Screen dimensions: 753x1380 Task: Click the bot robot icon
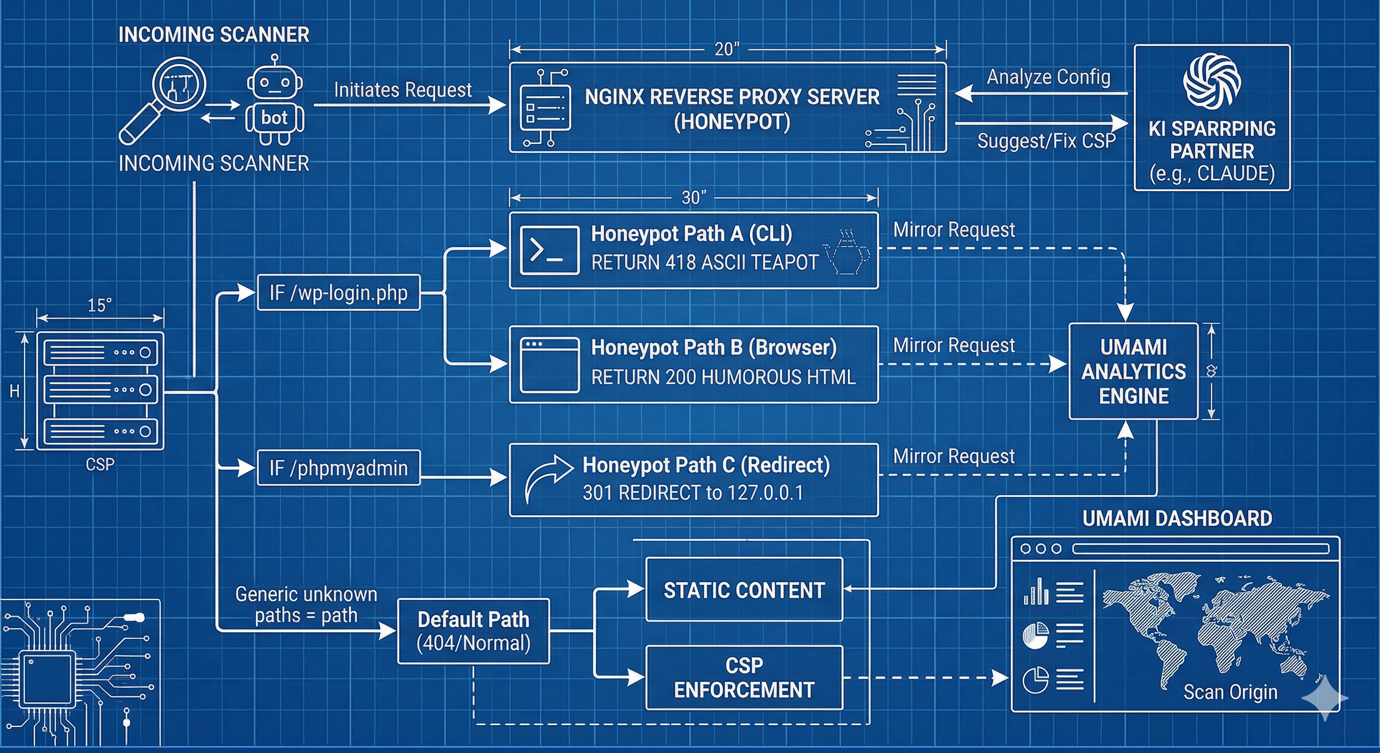[274, 102]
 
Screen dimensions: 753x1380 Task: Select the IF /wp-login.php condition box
[339, 293]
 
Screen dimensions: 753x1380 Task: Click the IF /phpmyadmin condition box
[339, 468]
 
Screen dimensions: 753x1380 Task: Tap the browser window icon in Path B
[549, 364]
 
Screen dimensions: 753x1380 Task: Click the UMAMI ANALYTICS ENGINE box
[1133, 371]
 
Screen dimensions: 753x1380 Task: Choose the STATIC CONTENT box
[744, 590]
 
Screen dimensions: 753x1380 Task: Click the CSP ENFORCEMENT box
[744, 678]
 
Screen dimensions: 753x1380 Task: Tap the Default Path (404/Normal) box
[473, 631]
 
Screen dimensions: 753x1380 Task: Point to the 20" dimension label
[726, 50]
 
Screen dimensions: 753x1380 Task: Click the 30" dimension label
[694, 198]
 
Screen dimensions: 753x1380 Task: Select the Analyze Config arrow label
[1048, 76]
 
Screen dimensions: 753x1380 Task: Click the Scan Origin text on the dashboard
[1230, 692]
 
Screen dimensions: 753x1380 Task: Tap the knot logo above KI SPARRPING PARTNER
[1212, 80]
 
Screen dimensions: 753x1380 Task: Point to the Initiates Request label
[402, 90]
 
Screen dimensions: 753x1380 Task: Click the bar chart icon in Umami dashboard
[1036, 592]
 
